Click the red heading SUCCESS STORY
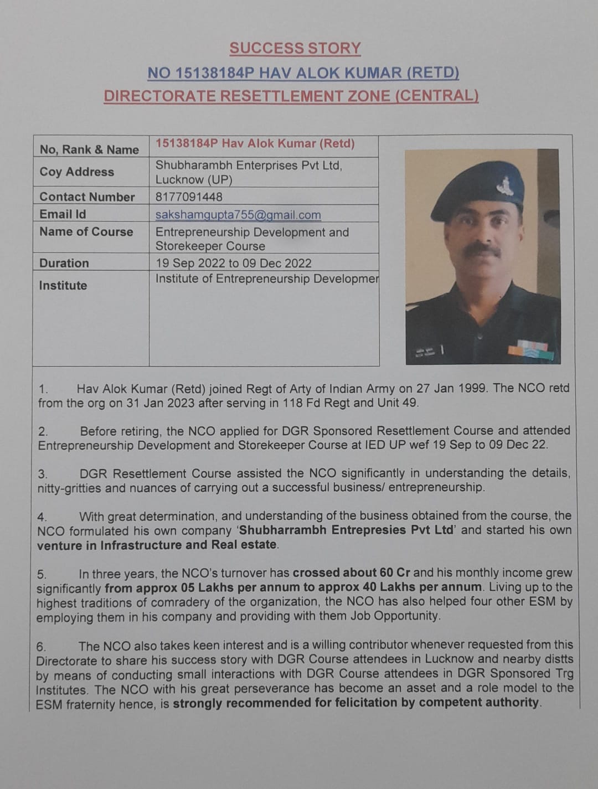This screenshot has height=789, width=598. (295, 49)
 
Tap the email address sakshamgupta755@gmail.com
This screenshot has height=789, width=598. (238, 215)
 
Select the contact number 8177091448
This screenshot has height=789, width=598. (189, 197)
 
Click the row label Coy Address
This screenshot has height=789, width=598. (76, 172)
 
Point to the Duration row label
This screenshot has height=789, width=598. (64, 263)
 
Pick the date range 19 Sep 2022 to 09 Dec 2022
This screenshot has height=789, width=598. (233, 263)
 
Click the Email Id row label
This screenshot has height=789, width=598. (63, 214)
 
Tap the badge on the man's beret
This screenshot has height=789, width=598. (505, 185)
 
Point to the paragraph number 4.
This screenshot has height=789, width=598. (42, 517)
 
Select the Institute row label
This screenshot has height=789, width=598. (63, 286)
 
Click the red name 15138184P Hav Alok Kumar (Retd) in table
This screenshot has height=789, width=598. (255, 144)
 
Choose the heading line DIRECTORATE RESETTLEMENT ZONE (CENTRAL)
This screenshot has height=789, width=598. (291, 96)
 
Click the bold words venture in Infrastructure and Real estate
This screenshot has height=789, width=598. (157, 545)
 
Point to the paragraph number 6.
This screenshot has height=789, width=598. (41, 646)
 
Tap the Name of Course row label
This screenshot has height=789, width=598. (86, 231)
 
